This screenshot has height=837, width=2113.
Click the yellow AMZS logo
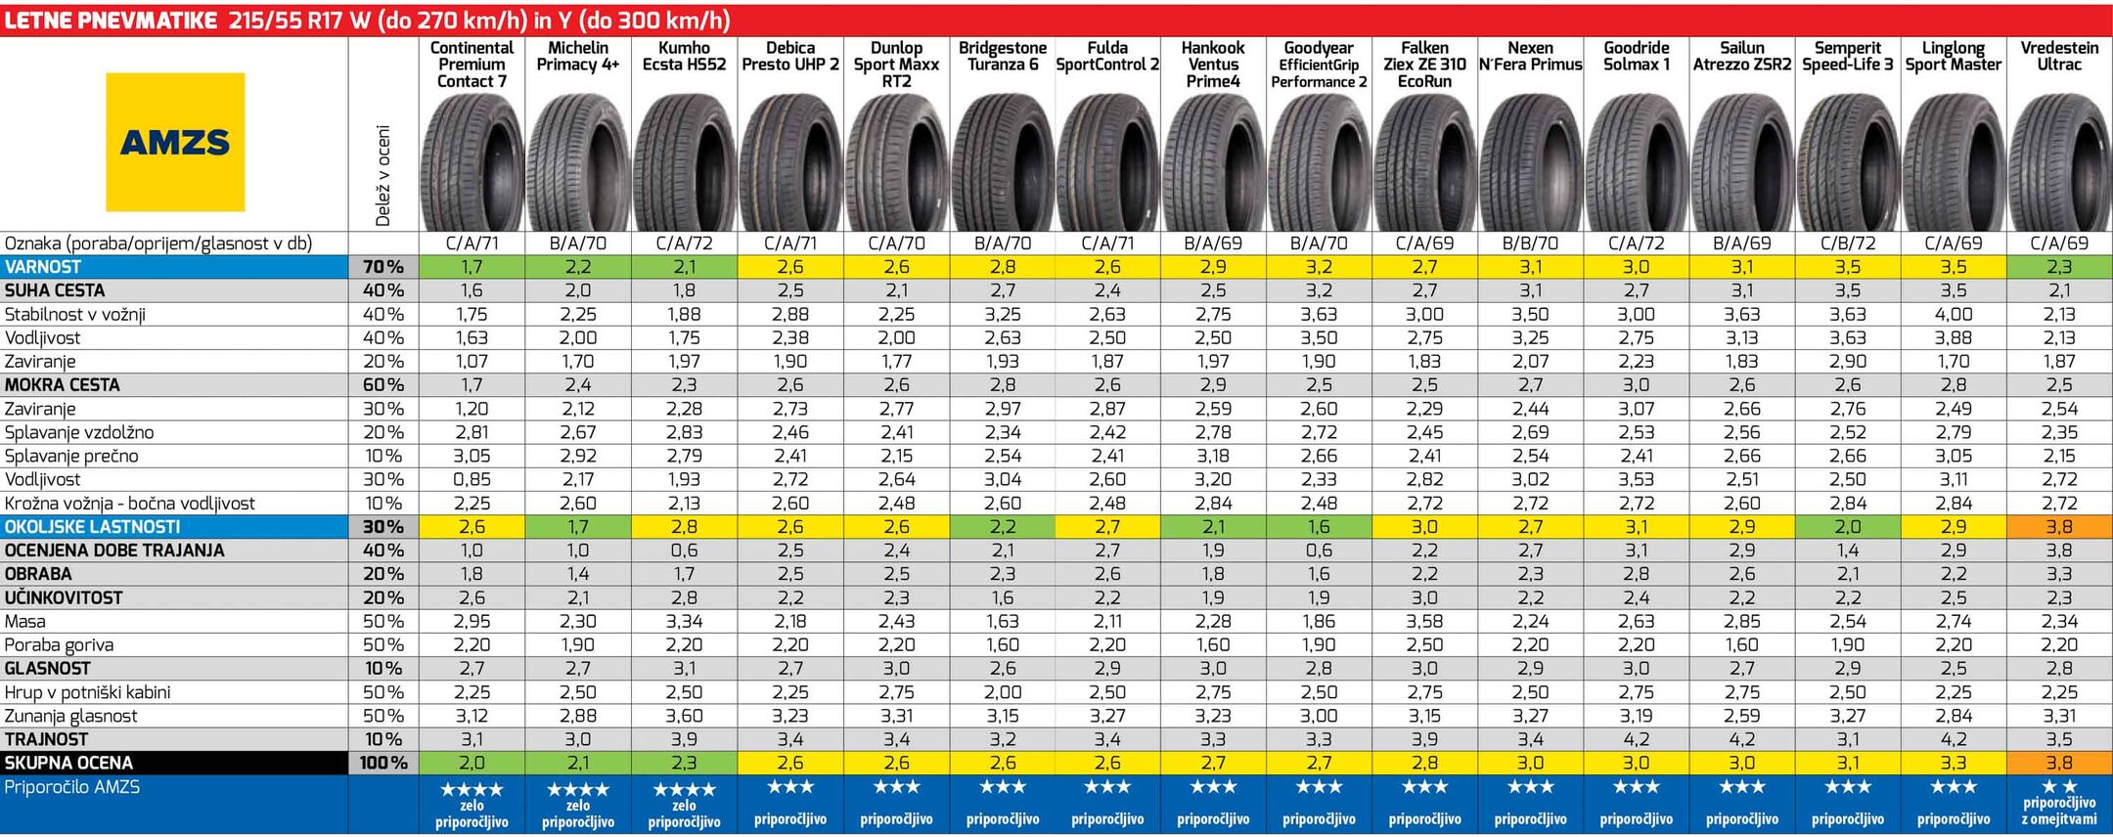175,143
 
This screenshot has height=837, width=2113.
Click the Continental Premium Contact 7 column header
472,65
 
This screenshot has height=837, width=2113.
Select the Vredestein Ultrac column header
2059,56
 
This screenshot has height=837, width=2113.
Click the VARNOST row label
43,267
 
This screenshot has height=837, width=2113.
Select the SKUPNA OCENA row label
68,763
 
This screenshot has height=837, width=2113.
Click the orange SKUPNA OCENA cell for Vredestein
2059,763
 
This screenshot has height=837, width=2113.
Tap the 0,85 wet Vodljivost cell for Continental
472,479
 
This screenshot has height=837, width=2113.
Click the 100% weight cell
382,763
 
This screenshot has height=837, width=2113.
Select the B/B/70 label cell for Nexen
1530,243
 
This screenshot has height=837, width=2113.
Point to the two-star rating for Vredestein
2059,787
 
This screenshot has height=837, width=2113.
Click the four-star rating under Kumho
684,789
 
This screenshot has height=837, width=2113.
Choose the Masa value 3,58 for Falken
1424,621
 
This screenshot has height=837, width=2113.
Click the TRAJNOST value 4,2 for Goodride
1636,739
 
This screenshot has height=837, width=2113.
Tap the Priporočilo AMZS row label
72,787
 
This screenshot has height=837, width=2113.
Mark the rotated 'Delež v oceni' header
382,176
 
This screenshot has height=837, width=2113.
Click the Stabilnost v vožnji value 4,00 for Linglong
1954,314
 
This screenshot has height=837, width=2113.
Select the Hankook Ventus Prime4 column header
1213,65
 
